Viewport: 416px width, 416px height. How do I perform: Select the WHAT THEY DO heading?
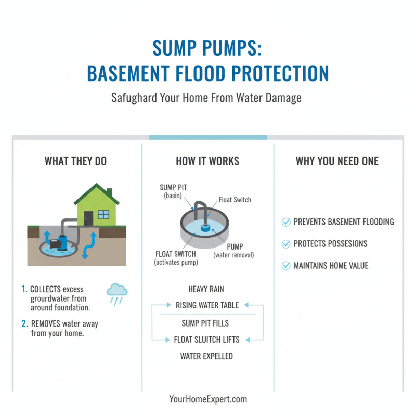[x=75, y=161]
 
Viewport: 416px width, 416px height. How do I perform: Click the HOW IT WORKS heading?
[x=207, y=161]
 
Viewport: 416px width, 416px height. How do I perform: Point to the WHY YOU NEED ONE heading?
[x=337, y=161]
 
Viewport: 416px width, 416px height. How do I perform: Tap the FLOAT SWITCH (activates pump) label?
[x=176, y=258]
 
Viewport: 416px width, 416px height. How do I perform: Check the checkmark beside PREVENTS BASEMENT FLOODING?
[x=285, y=222]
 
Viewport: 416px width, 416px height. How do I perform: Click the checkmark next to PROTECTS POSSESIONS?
[x=285, y=244]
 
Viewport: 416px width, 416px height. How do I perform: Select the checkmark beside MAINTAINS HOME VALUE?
[x=285, y=266]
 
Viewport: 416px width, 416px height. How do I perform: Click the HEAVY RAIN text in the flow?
[x=207, y=288]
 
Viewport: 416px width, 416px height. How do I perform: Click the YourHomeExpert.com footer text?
[x=208, y=399]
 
